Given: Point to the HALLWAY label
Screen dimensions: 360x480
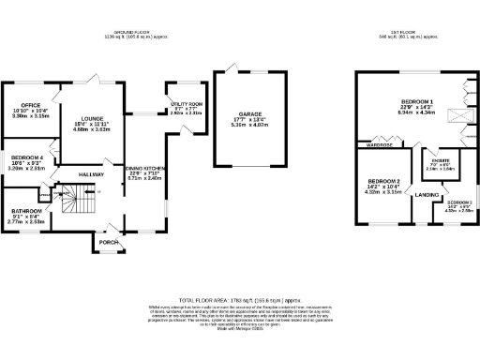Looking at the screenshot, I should pyautogui.click(x=91, y=175).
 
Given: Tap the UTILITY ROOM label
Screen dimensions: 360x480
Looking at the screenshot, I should pyautogui.click(x=187, y=105).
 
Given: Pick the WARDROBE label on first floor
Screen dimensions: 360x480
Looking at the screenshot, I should pyautogui.click(x=380, y=144).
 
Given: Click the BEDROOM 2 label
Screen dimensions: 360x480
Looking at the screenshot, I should pyautogui.click(x=383, y=181).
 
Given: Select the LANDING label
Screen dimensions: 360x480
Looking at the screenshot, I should pyautogui.click(x=427, y=195).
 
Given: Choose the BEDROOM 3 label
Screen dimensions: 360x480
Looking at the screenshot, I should pyautogui.click(x=458, y=203).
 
